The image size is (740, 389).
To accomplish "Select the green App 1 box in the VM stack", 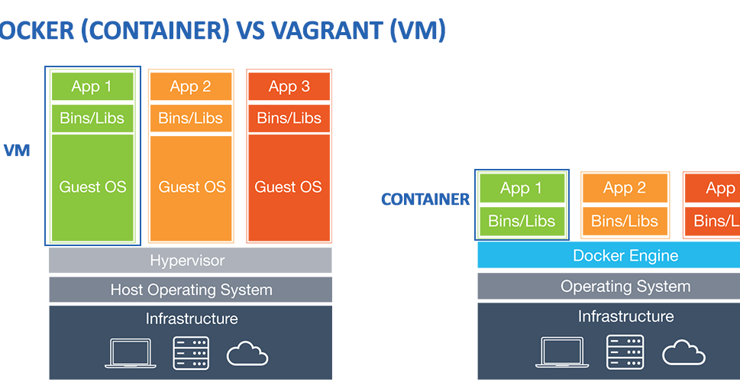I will [92, 86].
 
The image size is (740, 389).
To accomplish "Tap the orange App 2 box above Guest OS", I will [190, 86].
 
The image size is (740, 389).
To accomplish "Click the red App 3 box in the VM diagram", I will [289, 86].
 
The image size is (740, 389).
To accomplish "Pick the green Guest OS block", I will [92, 187].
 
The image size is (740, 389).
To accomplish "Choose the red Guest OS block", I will [289, 187].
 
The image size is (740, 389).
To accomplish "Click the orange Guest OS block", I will [191, 187].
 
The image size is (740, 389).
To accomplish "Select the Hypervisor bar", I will [190, 261].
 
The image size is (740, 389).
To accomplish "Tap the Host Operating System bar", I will [190, 290].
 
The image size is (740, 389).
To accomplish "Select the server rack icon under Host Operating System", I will [190, 353].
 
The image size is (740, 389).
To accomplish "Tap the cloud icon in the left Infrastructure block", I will [247, 354].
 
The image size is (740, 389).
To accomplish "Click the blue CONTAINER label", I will [425, 199].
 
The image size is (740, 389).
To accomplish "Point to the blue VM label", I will [17, 151].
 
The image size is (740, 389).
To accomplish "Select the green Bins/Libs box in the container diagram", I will [522, 221].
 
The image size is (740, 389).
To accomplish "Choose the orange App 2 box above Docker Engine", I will [625, 188].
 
